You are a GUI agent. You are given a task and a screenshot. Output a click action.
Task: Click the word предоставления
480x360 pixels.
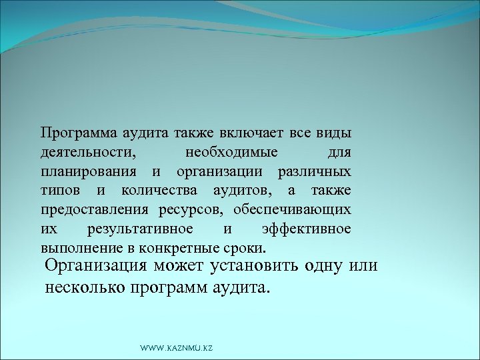point(92,210)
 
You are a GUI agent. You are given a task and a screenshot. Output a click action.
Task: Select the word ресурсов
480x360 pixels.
point(193,210)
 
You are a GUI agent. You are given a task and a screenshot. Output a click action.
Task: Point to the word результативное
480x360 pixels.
point(141,229)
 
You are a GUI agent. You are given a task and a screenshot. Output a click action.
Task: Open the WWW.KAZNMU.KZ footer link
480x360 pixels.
point(176,349)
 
